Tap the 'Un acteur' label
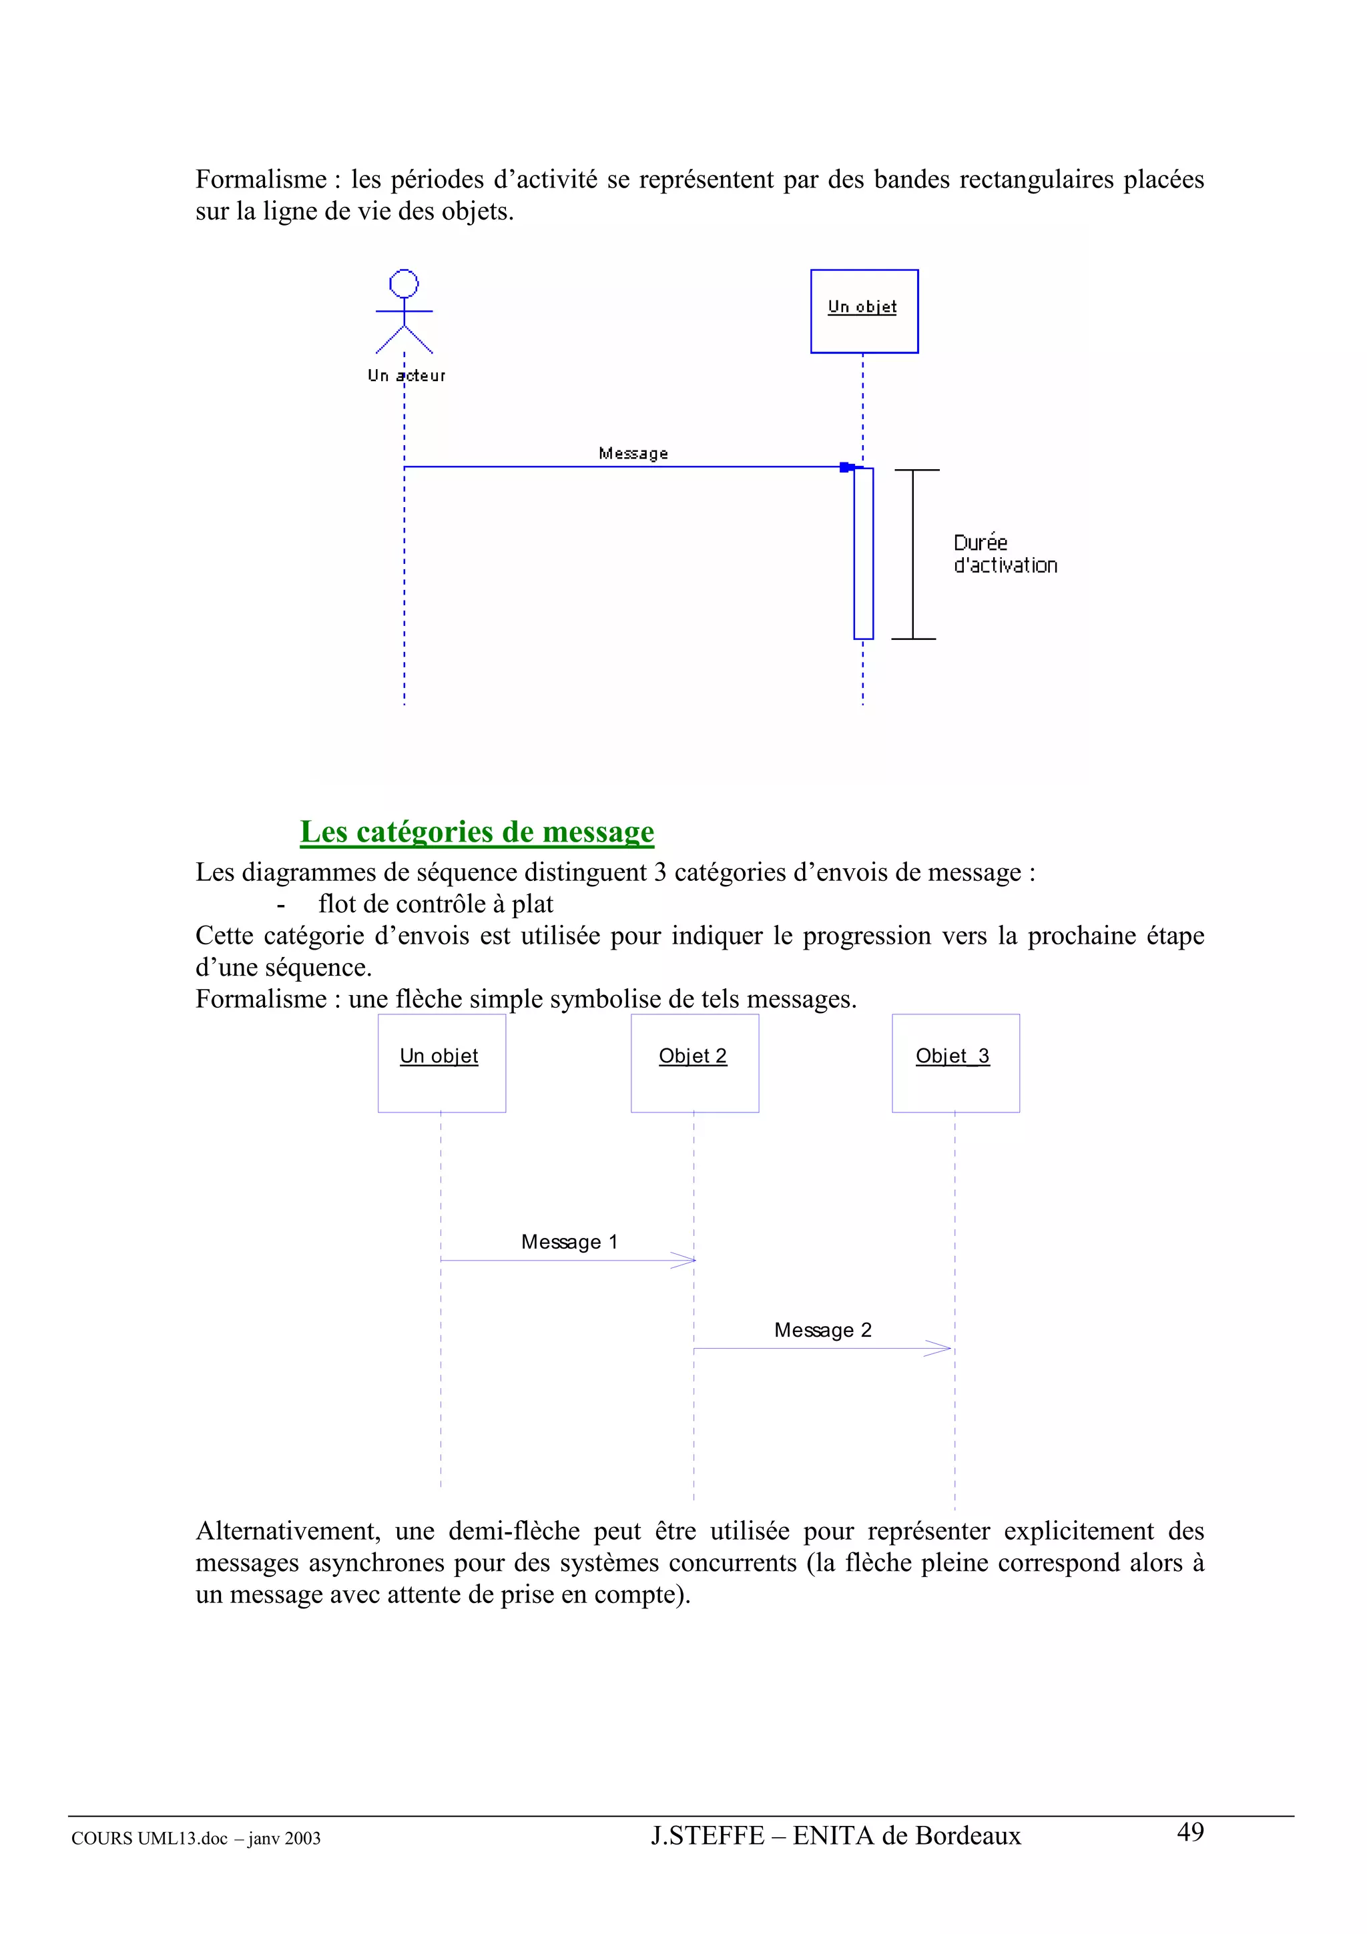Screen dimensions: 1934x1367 coord(406,376)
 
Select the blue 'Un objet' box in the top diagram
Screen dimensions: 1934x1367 coord(864,311)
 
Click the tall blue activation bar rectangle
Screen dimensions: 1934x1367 coord(863,553)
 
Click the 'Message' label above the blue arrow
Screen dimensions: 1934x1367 coord(633,453)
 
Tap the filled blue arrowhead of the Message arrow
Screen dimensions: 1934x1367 coord(846,466)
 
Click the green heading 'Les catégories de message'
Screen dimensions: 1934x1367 coord(477,832)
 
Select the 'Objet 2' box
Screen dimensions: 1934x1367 coord(695,1063)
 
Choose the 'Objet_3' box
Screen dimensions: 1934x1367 coord(956,1063)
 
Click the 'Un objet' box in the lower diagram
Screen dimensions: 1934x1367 coord(441,1063)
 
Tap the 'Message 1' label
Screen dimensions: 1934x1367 coord(569,1241)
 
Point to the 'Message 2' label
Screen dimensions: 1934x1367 coord(823,1330)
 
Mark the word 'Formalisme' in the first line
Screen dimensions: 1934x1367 coord(261,180)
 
